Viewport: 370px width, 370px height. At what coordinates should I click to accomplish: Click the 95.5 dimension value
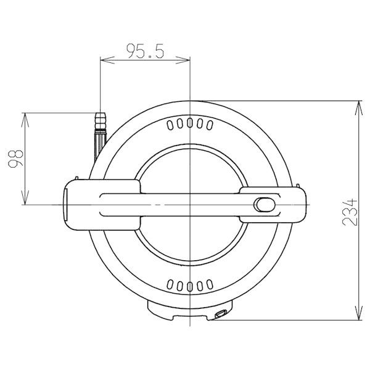[145, 51]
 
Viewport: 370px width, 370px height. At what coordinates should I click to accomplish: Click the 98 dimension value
[16, 158]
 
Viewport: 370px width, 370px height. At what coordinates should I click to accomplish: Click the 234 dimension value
[350, 213]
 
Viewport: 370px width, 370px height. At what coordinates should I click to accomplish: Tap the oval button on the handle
[265, 205]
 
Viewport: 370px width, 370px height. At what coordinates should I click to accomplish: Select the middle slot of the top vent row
[190, 123]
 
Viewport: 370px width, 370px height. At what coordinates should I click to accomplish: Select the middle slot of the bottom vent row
[190, 287]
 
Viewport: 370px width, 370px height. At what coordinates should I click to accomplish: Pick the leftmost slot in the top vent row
[170, 125]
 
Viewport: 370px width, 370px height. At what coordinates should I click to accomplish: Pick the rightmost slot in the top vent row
[210, 125]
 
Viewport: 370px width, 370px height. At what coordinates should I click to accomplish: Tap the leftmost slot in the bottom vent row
[170, 284]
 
